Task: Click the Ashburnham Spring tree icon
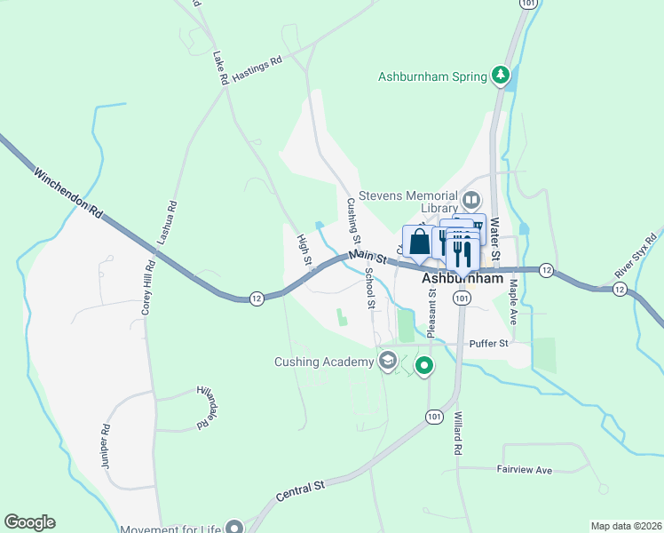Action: click(x=502, y=76)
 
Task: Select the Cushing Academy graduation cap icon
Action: click(x=387, y=361)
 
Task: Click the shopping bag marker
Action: click(x=418, y=243)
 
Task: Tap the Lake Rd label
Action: click(x=221, y=68)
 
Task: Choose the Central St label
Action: click(x=301, y=490)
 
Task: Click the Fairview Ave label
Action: click(x=525, y=469)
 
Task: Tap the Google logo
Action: click(x=30, y=522)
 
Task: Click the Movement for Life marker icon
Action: click(x=234, y=527)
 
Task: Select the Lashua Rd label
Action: click(x=166, y=223)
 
